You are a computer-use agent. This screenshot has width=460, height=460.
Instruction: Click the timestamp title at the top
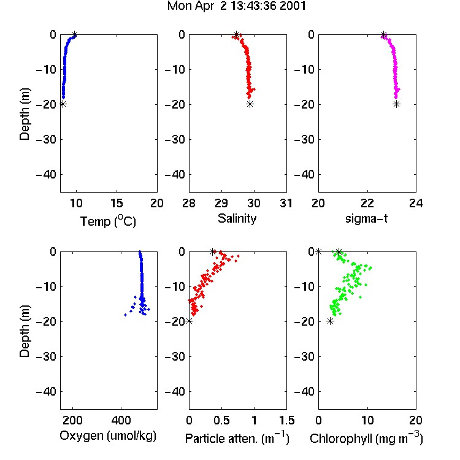237,6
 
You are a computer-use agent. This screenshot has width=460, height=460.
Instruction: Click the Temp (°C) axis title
108,221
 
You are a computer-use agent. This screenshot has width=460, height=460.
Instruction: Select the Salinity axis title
237,218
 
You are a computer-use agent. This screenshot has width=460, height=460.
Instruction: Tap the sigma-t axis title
366,218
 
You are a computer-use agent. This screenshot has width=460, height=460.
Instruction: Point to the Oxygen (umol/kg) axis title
108,436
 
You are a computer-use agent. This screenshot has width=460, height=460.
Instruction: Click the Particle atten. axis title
237,439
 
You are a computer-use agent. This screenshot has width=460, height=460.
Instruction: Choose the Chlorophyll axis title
366,439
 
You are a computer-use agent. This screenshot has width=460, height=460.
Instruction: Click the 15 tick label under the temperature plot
117,203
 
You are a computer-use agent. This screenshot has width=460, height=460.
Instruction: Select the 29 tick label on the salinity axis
221,203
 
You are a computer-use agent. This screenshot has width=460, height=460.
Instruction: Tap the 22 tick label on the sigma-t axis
367,203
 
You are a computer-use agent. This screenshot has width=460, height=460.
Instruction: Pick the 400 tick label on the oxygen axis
121,420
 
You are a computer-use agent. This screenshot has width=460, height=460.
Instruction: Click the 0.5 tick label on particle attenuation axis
221,420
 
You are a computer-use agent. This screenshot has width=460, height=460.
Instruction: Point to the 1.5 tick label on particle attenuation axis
286,420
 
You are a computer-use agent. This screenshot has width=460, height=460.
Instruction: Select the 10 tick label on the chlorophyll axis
367,420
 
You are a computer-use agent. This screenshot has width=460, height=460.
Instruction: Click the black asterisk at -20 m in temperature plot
63,104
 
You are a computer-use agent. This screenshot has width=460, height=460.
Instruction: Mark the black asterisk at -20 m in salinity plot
250,104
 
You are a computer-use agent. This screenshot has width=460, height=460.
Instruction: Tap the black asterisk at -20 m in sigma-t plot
396,104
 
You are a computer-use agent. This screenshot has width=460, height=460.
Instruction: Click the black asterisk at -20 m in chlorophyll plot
331,321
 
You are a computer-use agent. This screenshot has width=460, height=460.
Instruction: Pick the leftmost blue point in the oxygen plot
125,315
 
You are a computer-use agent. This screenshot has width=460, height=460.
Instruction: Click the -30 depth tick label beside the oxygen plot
46,356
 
